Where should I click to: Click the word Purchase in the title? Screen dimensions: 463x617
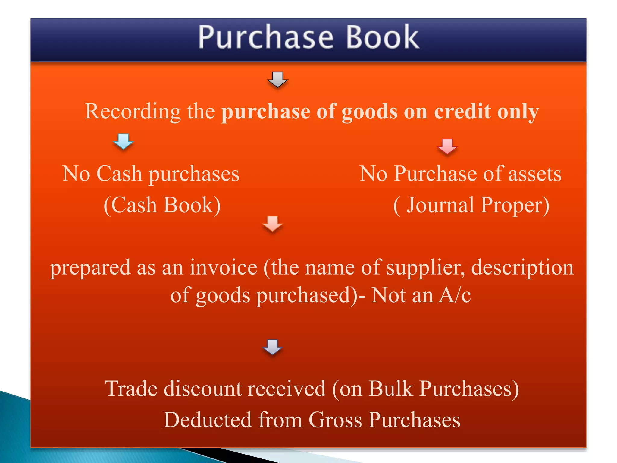[266, 37]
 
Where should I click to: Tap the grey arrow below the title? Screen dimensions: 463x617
[277, 80]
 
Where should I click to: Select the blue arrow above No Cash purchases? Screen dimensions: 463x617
[123, 141]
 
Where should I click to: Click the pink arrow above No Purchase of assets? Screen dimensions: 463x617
[447, 146]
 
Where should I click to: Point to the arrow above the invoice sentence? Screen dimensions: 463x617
[272, 224]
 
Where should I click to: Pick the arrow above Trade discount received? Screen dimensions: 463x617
[272, 347]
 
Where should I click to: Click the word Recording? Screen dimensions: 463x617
[133, 112]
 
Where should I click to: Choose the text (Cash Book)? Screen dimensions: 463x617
[162, 205]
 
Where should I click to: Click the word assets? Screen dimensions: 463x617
[535, 174]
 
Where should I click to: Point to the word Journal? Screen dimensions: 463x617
[440, 205]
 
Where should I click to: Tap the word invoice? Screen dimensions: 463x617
[223, 268]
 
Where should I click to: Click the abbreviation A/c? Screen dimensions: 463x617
[455, 295]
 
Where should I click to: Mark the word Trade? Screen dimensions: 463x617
[131, 389]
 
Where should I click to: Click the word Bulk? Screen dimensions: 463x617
[391, 389]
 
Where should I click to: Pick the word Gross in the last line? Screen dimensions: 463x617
[335, 420]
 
